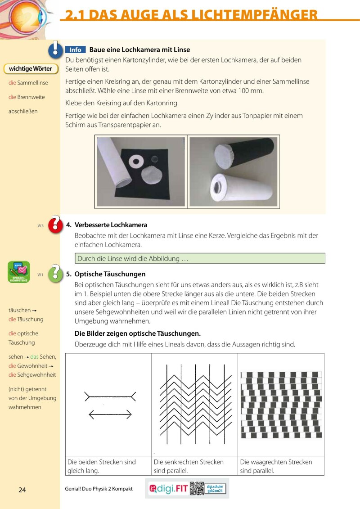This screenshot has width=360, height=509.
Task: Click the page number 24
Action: point(22,490)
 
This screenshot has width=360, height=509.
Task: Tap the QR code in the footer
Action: point(197,488)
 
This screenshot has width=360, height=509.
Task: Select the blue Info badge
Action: point(75,50)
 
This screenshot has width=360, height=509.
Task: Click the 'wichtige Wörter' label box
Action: point(31,69)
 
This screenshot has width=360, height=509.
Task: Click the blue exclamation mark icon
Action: point(55,50)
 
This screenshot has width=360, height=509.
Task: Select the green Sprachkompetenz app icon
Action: point(19,272)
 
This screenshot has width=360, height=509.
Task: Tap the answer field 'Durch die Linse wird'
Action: point(199,259)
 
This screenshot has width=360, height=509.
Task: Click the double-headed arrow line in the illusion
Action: point(110,414)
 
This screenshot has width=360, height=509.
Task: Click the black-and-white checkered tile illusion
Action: point(281,404)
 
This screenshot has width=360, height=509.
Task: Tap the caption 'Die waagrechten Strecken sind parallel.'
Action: point(276,466)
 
